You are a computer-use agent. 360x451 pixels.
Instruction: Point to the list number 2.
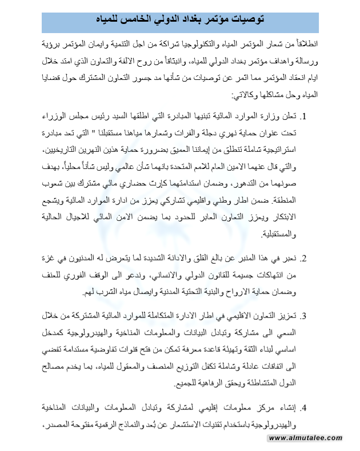click(x=305, y=259)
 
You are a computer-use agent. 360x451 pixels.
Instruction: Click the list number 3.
click(x=305, y=316)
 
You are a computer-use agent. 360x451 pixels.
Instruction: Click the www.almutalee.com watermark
click(x=306, y=438)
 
